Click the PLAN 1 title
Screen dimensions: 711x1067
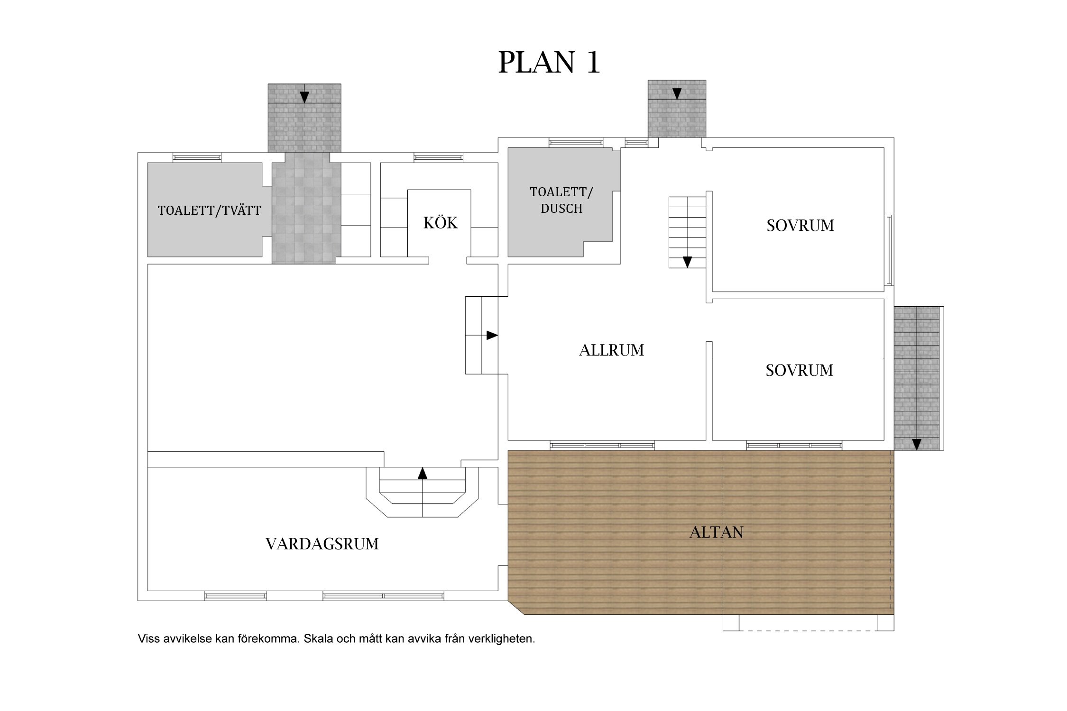[x=549, y=62]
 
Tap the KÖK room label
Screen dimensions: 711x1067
[x=441, y=223]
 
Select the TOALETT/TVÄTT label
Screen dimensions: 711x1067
[x=209, y=210]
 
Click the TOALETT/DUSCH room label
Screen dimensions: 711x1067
[x=561, y=200]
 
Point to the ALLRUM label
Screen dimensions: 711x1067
[x=611, y=350]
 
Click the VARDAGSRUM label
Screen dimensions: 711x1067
[x=322, y=544]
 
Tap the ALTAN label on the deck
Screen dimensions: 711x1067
[x=716, y=532]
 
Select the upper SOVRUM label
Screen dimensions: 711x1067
[x=800, y=226]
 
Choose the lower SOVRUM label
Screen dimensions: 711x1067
[x=799, y=370]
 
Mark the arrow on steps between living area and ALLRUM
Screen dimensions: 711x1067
[x=492, y=336]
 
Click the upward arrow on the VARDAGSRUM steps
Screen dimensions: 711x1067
[x=423, y=473]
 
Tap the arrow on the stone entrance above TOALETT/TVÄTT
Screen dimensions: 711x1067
[x=304, y=97]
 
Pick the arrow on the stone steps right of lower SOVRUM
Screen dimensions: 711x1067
[x=917, y=444]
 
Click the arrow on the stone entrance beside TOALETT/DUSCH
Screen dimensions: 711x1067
[x=677, y=93]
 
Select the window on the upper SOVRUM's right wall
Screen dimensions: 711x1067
[x=890, y=250]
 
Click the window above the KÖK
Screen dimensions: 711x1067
[x=438, y=157]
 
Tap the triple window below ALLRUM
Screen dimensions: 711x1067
[x=602, y=446]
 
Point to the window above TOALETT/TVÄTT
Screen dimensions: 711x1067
[x=197, y=157]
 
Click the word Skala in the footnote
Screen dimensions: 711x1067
[x=318, y=639]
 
